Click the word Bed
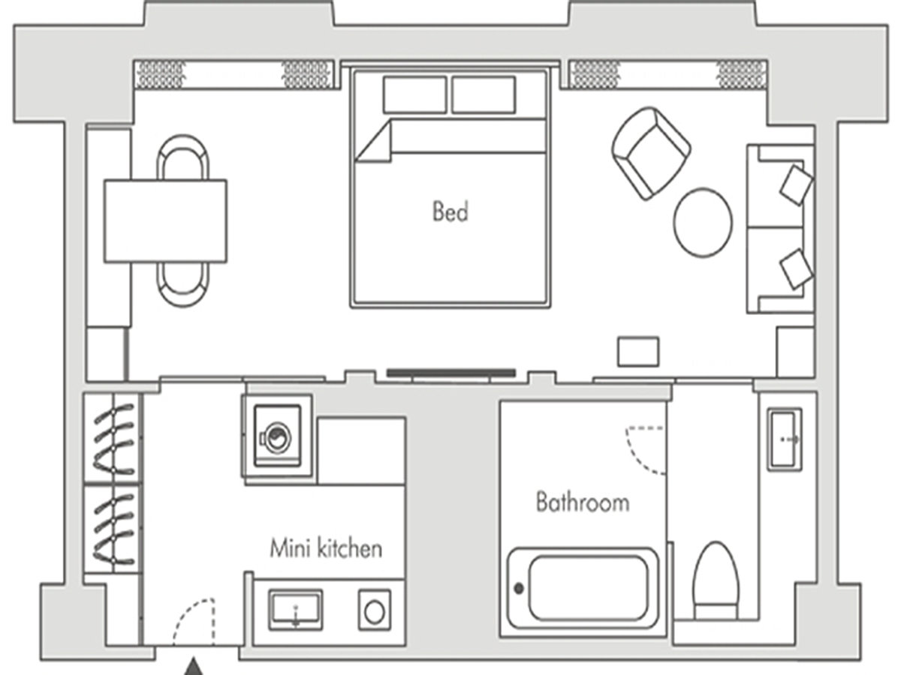point(450,211)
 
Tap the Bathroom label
point(583,502)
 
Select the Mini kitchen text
point(326,548)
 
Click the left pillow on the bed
point(414,94)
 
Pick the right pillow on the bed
point(484,94)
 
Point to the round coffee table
point(703,222)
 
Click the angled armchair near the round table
point(651,153)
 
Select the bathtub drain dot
point(519,589)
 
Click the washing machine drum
point(278,438)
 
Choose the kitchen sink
point(296,610)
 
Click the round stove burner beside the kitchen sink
point(375,612)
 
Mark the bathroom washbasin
point(785,439)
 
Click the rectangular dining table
point(165,221)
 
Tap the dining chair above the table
point(183,157)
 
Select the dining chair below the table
point(183,284)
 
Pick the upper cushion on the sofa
point(797,184)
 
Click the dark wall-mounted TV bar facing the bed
point(451,373)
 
